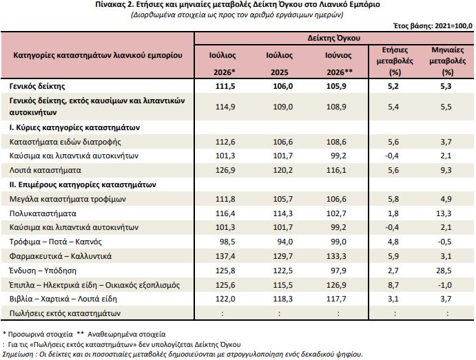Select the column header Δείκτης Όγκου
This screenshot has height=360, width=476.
pyautogui.click(x=333, y=39)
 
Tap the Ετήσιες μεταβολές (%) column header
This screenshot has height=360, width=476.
pyautogui.click(x=395, y=61)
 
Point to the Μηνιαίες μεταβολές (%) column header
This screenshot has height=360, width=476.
pyautogui.click(x=448, y=61)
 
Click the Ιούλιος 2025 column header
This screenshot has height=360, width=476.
pyautogui.click(x=279, y=64)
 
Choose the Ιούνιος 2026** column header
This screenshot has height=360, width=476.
pyautogui.click(x=338, y=64)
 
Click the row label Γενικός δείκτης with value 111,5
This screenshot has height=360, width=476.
pyautogui.click(x=37, y=86)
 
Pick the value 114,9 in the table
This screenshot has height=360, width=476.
pyautogui.click(x=225, y=107)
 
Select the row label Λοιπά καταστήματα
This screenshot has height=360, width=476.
pyautogui.click(x=45, y=170)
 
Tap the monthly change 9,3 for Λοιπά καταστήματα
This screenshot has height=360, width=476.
pyautogui.click(x=446, y=170)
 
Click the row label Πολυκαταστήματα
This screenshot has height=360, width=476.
pyautogui.click(x=43, y=213)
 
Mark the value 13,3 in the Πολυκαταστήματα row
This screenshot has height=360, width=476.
pyautogui.click(x=444, y=213)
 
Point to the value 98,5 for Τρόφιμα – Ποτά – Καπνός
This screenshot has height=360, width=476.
pyautogui.click(x=227, y=242)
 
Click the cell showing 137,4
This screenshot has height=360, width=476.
pyautogui.click(x=225, y=256)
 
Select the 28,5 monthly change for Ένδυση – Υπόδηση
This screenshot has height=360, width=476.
pyautogui.click(x=444, y=271)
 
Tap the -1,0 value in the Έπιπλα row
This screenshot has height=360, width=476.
pyautogui.click(x=445, y=285)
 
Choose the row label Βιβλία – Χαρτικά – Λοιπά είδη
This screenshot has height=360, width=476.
pyautogui.click(x=63, y=299)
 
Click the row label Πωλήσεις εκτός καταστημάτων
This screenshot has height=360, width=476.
pyautogui.click(x=65, y=313)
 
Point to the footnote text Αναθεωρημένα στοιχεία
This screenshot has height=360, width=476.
pyautogui.click(x=127, y=335)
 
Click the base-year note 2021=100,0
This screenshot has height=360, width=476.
pyautogui.click(x=453, y=25)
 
